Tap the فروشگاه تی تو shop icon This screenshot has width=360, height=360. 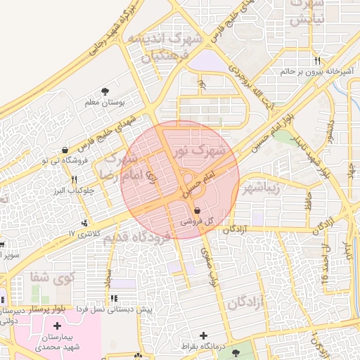(x=65, y=150)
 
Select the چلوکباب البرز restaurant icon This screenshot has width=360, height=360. (x=74, y=179)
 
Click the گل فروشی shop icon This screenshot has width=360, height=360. (x=196, y=210)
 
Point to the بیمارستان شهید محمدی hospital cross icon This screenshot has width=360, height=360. (x=57, y=326)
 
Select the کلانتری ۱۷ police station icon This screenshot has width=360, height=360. (x=86, y=223)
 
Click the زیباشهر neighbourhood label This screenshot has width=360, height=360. (x=262, y=188)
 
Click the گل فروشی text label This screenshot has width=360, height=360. (x=196, y=221)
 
